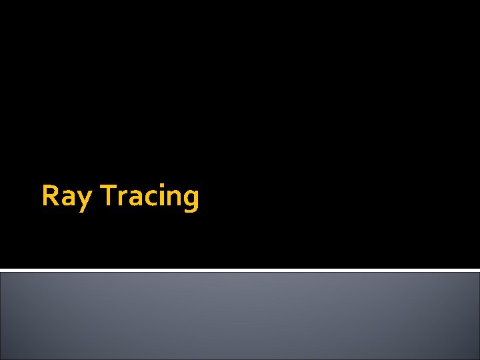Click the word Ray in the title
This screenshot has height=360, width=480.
point(66,197)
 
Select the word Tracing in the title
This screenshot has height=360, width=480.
point(150,197)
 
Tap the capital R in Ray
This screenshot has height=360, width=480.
point(50,196)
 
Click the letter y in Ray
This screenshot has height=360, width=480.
point(83,200)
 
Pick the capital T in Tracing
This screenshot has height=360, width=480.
point(109,196)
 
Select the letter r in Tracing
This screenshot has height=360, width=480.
point(122,199)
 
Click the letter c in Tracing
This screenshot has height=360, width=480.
point(148,199)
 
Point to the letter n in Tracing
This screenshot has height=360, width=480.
point(171,199)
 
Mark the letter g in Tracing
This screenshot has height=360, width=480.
point(190,200)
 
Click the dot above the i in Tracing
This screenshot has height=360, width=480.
point(159,187)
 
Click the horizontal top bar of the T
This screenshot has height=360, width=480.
point(109,187)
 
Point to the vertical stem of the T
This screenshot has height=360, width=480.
point(109,198)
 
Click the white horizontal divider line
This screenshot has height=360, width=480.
point(240,270)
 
